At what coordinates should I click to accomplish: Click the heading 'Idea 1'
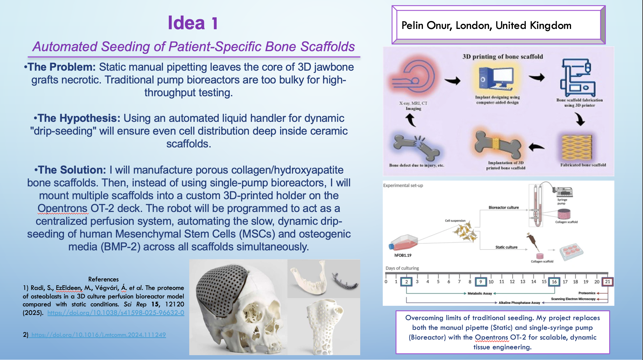coord(193,23)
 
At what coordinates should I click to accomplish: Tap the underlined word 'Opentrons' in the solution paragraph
coord(62,208)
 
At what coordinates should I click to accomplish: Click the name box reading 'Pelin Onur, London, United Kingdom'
coord(498,25)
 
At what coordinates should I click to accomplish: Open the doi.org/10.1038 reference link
coord(116,313)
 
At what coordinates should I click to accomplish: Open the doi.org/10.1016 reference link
coord(98,335)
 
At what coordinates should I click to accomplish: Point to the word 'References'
coord(103,279)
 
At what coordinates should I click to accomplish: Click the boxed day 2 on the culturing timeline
coord(406,282)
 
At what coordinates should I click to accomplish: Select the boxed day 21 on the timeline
coord(607,282)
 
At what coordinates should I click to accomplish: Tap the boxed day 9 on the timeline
coord(481,282)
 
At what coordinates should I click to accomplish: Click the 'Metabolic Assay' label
coord(480,293)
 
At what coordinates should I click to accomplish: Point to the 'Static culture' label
coord(506,247)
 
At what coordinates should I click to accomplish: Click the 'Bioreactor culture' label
coord(503,207)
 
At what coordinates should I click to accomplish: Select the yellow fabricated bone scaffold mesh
coord(577,147)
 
